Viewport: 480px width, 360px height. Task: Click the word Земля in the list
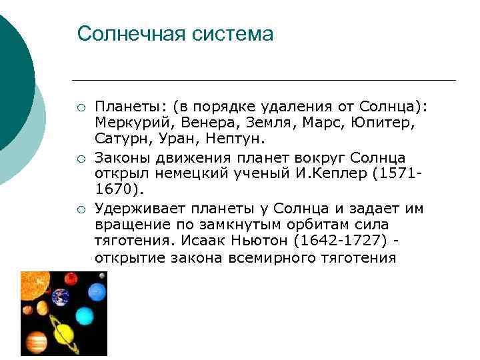(250, 123)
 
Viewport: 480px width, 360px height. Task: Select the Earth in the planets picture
(61, 296)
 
